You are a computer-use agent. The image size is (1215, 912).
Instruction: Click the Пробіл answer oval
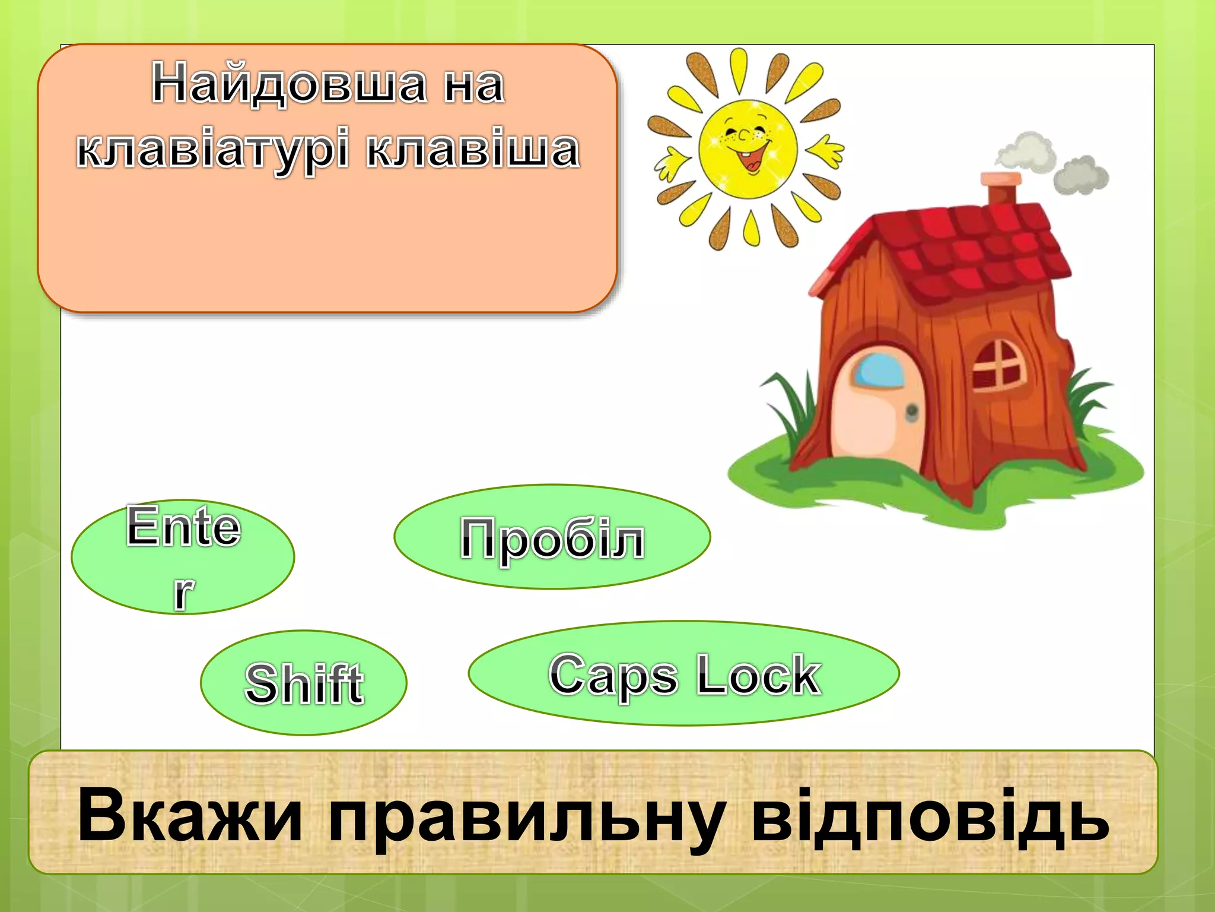552,537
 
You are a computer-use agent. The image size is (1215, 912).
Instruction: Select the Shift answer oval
304,683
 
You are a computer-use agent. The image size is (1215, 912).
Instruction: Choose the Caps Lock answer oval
683,673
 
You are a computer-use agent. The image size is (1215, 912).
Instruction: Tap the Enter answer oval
183,556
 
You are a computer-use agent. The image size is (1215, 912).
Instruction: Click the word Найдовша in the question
289,84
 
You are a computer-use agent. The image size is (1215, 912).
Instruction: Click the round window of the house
998,365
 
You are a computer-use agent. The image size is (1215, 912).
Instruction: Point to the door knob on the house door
912,411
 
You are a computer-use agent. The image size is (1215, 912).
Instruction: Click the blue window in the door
878,369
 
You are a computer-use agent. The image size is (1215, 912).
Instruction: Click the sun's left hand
671,163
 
